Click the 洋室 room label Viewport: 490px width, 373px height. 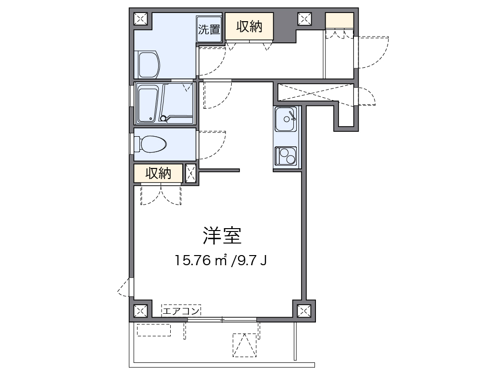tap(222, 236)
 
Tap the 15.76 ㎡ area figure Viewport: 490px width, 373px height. tap(201, 261)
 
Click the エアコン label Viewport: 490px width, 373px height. tap(181, 311)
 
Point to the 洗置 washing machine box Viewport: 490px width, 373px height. tap(209, 29)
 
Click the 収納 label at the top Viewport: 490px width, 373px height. tap(249, 27)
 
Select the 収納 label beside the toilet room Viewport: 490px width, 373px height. tap(159, 173)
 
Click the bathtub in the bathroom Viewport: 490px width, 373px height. tap(148, 104)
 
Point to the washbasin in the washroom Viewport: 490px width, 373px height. tap(149, 64)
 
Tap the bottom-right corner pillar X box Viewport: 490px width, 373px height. tap(303, 311)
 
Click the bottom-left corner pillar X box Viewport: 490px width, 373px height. tap(140, 311)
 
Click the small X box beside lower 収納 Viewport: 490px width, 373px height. tap(190, 172)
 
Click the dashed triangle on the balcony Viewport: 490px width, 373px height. tap(244, 345)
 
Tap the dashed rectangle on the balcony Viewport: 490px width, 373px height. tap(154, 330)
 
